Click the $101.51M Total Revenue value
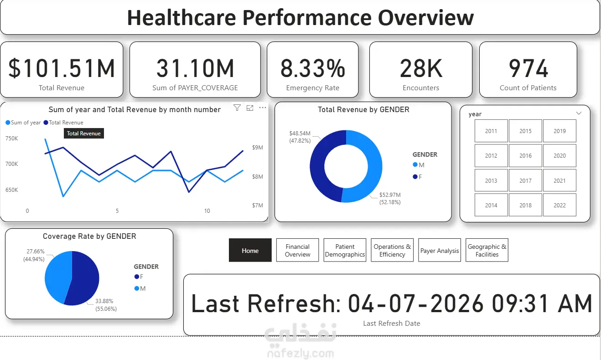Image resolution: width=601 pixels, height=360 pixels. (x=62, y=69)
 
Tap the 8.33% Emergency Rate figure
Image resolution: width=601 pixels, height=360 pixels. (x=312, y=69)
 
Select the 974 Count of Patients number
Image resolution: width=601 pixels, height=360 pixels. (x=528, y=69)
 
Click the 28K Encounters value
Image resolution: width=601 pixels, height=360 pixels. (x=421, y=69)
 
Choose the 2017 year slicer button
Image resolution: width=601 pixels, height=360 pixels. (x=525, y=180)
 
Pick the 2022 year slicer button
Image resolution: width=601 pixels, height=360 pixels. (x=560, y=205)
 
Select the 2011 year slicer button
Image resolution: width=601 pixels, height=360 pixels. (x=491, y=131)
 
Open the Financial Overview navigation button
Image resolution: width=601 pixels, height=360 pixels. (x=298, y=250)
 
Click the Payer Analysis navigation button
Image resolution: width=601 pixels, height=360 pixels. (x=440, y=250)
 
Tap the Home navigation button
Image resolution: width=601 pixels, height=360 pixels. (x=250, y=250)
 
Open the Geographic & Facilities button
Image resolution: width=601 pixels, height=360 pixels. (x=487, y=250)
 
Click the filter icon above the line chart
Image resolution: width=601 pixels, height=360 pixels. (x=237, y=108)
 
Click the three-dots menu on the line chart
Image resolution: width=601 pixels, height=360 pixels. (x=262, y=108)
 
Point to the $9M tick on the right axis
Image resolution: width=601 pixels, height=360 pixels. (x=258, y=148)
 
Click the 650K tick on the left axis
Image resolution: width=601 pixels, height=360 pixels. (x=11, y=190)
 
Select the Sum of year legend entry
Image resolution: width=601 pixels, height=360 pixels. (x=23, y=123)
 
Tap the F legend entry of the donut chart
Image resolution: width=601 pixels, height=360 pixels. (x=418, y=177)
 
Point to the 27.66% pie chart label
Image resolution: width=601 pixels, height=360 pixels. (x=36, y=251)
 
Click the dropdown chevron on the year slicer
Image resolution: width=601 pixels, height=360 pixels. (x=579, y=113)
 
